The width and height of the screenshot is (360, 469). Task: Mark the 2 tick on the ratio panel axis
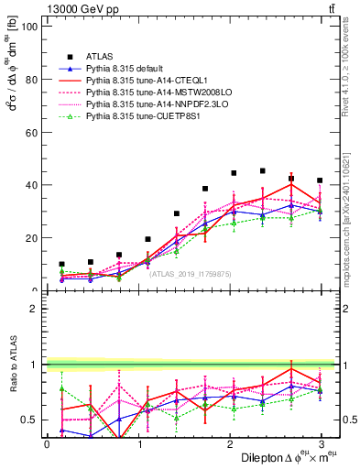coord(36,309)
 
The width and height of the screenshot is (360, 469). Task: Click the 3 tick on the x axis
coord(320,444)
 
